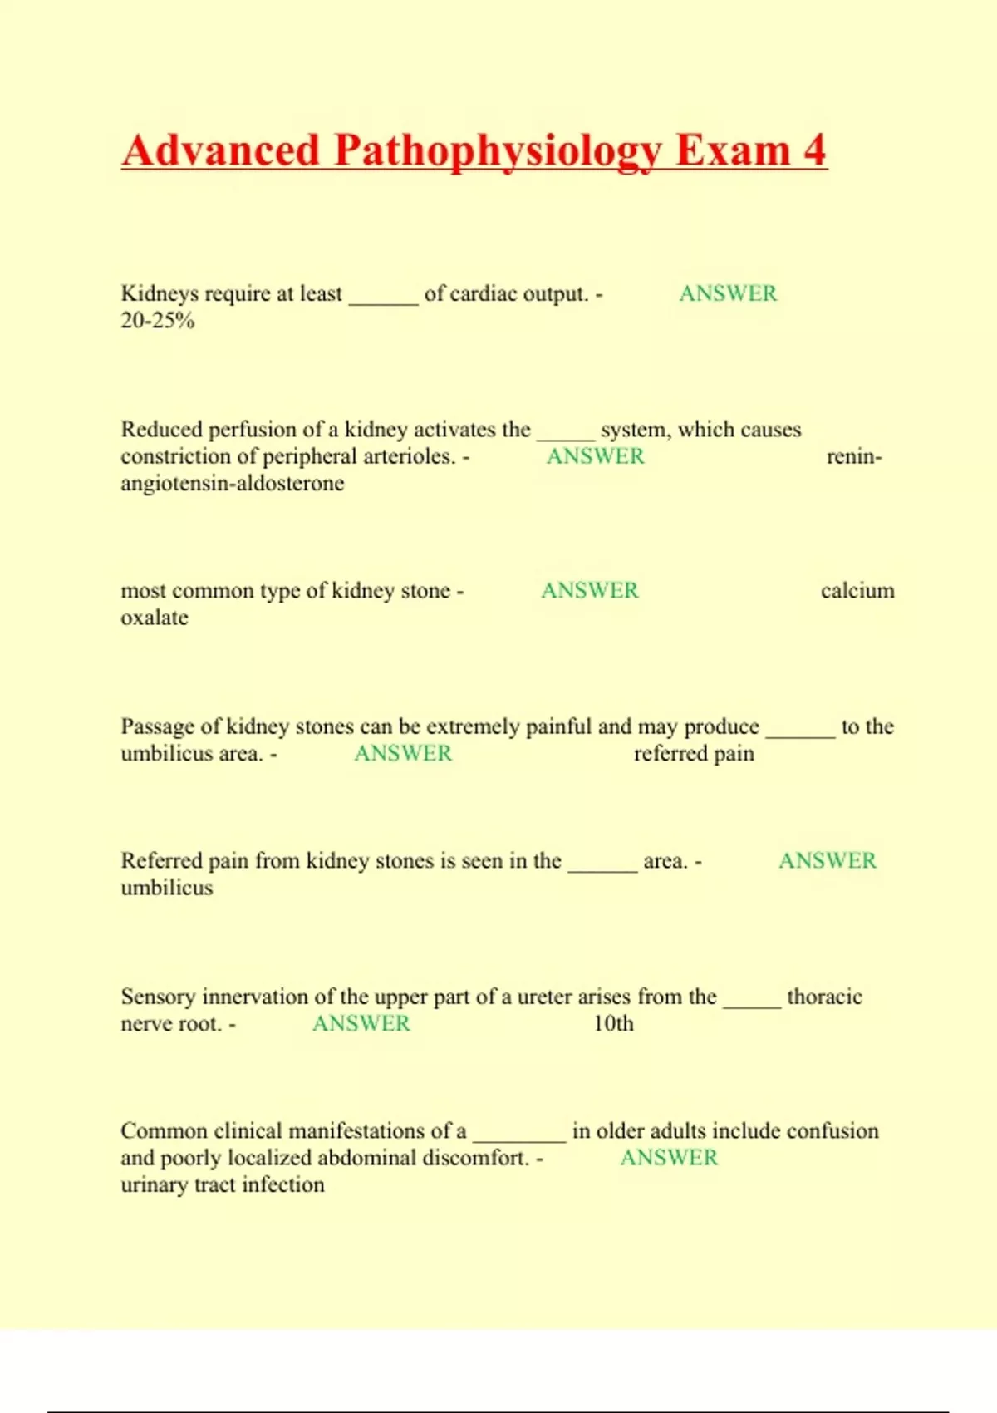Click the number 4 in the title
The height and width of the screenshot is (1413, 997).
pos(814,150)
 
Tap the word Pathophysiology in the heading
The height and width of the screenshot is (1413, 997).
pos(497,152)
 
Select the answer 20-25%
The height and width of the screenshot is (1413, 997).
pos(158,321)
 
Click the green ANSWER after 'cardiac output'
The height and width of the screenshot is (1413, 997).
pos(728,293)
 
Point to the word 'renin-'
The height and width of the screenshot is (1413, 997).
pos(854,456)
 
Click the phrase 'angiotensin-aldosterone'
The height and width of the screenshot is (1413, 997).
pos(233,484)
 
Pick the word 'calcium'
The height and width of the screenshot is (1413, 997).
pos(857,591)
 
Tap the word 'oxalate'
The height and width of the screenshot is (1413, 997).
pos(155,618)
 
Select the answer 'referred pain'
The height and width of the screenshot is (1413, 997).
pos(694,754)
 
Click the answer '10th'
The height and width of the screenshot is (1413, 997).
pos(613,1024)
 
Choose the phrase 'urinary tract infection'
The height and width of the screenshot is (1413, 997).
pos(223,1185)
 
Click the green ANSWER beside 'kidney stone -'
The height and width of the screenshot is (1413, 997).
pos(590,591)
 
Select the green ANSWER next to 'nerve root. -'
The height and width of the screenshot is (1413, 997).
pos(361,1024)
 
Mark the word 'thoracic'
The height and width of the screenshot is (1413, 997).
pos(824,997)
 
